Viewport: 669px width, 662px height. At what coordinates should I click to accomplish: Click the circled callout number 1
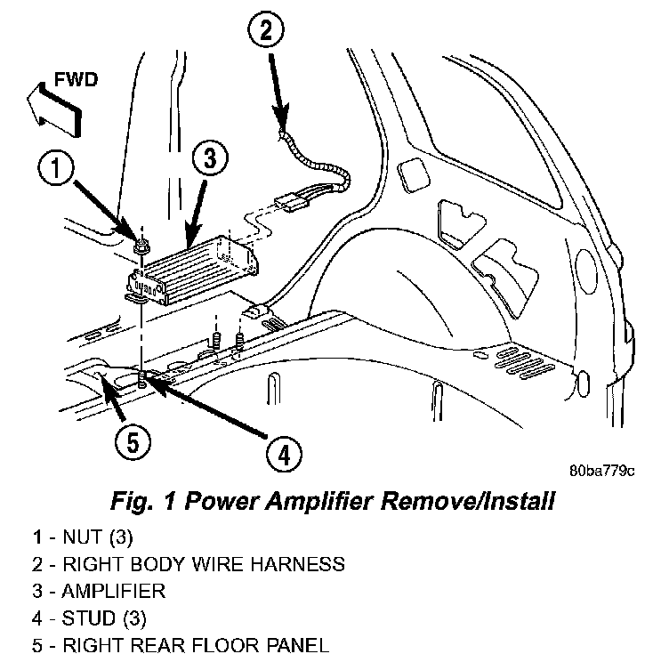[56, 168]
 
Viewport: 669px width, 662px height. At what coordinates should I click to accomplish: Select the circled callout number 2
[265, 31]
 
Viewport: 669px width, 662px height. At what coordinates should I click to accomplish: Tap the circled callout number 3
[210, 157]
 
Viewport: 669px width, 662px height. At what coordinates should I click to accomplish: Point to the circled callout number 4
[284, 454]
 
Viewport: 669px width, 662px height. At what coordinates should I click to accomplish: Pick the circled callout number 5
[133, 442]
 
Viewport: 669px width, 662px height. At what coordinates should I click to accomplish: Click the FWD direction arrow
[53, 109]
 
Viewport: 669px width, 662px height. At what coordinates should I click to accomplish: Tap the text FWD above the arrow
[76, 80]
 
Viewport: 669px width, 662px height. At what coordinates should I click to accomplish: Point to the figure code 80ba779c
[601, 471]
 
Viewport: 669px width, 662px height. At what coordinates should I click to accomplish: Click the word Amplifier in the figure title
[319, 501]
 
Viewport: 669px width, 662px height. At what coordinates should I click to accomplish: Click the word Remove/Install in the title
[468, 501]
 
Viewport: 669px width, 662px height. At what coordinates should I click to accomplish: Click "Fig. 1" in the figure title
[143, 501]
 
